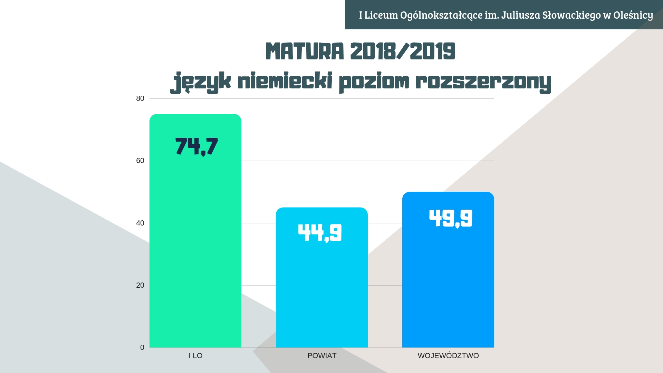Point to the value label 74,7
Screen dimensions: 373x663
click(x=196, y=146)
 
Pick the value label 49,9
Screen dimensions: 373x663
click(x=451, y=218)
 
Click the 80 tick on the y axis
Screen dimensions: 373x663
click(x=140, y=99)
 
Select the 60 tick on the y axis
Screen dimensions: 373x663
click(x=140, y=161)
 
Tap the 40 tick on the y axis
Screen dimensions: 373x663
click(x=140, y=223)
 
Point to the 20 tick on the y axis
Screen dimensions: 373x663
click(x=140, y=285)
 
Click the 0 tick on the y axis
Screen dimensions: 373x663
click(x=142, y=347)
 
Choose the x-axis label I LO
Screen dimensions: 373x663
click(x=195, y=356)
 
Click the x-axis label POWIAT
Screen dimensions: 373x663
click(x=322, y=356)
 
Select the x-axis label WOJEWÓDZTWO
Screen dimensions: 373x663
click(x=448, y=356)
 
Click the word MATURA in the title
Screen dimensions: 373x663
click(x=305, y=52)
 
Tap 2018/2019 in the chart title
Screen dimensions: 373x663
click(x=403, y=52)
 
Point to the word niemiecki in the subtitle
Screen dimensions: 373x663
click(x=285, y=82)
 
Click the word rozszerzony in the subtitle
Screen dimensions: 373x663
click(x=483, y=82)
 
